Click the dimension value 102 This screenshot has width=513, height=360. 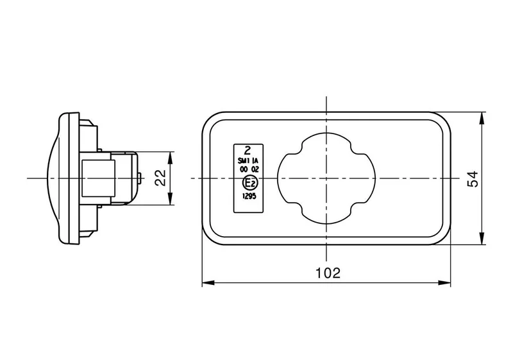(327, 273)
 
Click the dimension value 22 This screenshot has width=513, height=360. (161, 178)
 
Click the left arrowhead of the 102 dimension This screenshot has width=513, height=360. (206, 282)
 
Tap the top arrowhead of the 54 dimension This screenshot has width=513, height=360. (482, 117)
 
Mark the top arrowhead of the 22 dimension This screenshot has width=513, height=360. (170, 156)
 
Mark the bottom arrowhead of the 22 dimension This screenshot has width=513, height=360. (170, 201)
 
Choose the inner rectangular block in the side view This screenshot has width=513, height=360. (98, 178)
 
